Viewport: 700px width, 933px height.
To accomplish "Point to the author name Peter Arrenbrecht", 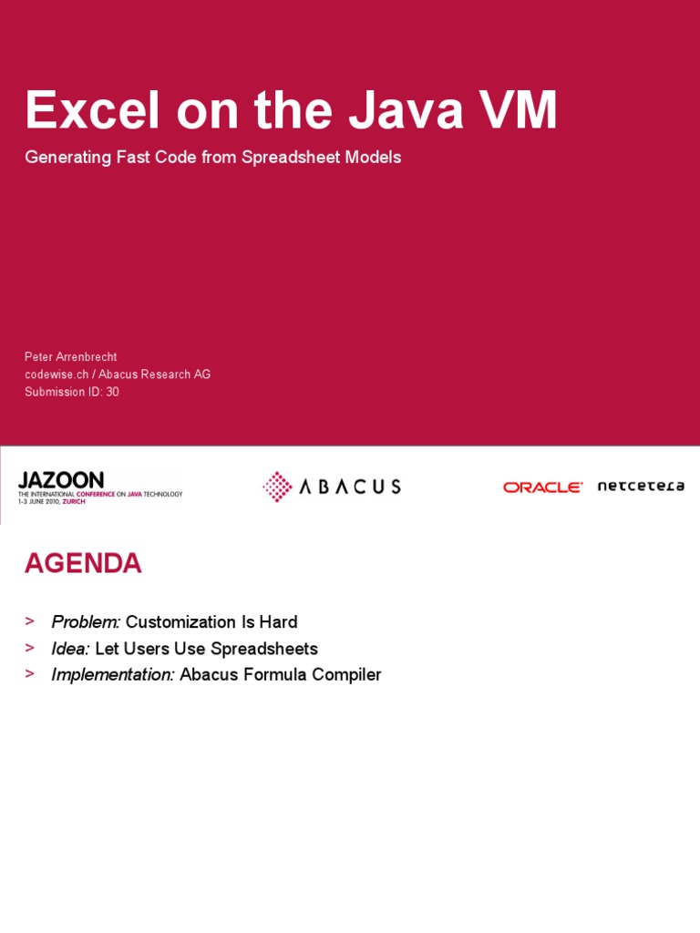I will pos(70,357).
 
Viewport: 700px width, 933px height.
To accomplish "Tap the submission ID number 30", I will pos(112,392).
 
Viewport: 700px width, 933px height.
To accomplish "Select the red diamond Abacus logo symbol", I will pos(277,487).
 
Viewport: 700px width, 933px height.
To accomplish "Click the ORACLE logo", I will pos(542,487).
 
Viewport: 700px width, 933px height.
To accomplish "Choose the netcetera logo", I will pos(641,487).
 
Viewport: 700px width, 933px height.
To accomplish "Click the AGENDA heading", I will pos(83,564).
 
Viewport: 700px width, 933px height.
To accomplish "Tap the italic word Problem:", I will pos(86,622).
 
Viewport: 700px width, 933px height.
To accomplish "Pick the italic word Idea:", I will pos(70,649).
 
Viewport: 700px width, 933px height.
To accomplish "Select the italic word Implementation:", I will pos(113,675).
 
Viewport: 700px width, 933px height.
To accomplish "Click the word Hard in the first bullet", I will pos(277,622).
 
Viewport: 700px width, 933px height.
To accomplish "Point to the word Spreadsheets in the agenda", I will pos(264,649).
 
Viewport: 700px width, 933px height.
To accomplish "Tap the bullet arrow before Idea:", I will pos(30,648).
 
